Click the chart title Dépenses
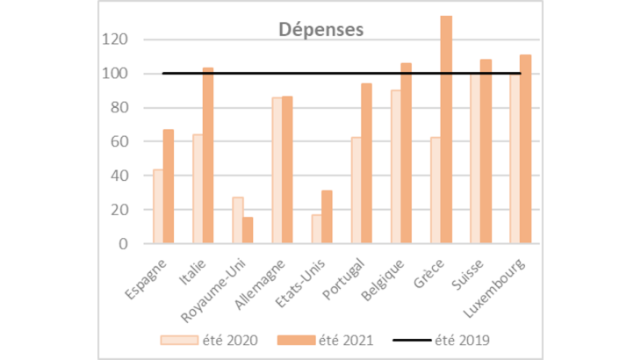320,28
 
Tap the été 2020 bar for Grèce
436,191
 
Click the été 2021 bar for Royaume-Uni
248,230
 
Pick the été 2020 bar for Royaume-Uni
238,220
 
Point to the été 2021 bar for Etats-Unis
328,217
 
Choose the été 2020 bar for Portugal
357,191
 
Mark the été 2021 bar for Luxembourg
525,149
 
